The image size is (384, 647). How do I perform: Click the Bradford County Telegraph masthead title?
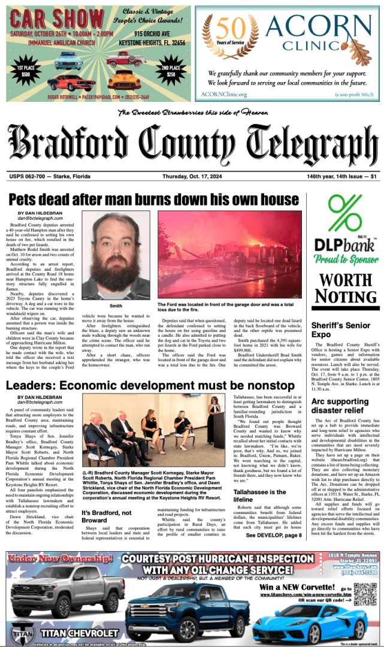pyautogui.click(x=192, y=143)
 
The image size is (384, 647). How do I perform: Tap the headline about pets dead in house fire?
pyautogui.click(x=153, y=199)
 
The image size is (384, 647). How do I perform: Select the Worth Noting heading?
pyautogui.click(x=344, y=288)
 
